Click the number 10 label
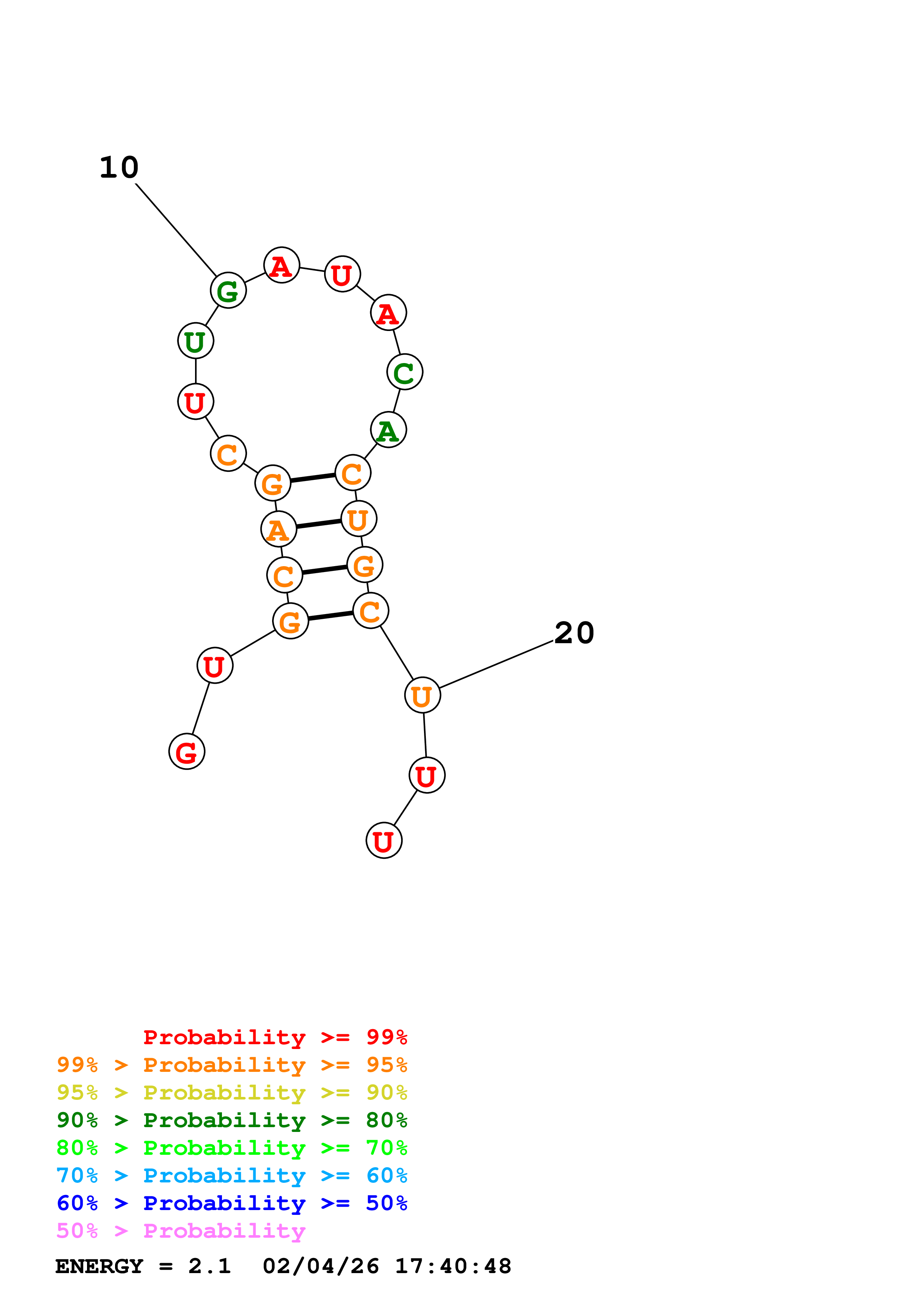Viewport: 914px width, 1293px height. [x=119, y=167]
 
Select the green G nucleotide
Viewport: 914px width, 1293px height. [x=228, y=290]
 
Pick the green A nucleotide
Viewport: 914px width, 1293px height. [x=388, y=430]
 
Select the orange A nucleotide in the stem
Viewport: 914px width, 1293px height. [x=278, y=529]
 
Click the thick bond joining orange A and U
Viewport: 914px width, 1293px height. [x=319, y=524]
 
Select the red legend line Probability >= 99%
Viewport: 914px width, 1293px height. [x=275, y=1037]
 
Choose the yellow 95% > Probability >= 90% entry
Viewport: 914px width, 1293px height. [x=232, y=1092]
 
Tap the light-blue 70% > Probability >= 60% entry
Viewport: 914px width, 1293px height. [x=232, y=1175]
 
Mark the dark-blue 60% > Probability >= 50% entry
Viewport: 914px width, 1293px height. [x=232, y=1203]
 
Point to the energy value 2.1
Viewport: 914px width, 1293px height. [x=209, y=1266]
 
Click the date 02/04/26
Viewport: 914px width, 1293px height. [x=320, y=1266]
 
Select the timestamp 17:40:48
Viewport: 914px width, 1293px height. [x=453, y=1266]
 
